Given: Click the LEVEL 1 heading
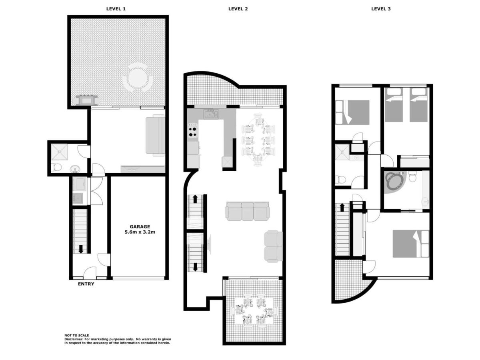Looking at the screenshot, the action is coord(116,9).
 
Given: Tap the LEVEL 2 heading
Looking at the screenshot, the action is coord(238,9).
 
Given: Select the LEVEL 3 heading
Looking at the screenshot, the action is coord(381,9).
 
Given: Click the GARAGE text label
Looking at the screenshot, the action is coord(140,227).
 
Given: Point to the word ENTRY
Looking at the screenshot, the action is coord(86,284).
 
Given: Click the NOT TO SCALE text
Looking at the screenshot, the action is coord(76,335).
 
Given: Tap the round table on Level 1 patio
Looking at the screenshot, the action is coord(138,77).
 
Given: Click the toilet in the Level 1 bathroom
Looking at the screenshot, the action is coord(56,167).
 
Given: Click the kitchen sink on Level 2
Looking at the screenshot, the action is coord(211,114).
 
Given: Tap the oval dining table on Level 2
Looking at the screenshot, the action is coord(258,140).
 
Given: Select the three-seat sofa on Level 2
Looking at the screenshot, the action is coord(247,211).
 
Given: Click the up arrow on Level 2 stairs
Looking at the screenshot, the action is coord(195,199).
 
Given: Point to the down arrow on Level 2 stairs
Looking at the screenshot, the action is coord(195,267).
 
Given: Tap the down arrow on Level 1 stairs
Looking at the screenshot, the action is coord(81,249).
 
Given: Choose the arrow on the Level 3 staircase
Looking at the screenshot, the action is coord(342,208).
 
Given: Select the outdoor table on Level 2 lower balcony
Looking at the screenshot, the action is coord(255,311).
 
